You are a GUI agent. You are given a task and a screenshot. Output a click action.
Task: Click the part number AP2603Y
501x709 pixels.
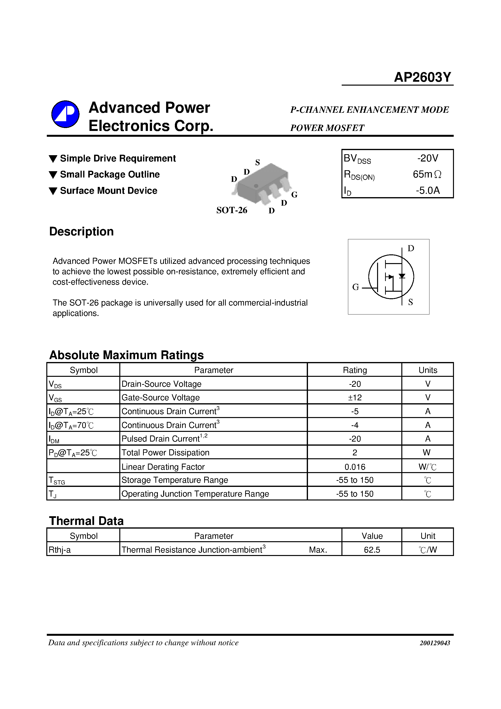(422, 77)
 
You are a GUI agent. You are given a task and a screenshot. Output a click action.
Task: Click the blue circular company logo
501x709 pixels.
(65, 114)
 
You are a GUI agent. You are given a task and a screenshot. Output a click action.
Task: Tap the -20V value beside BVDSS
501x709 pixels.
(428, 158)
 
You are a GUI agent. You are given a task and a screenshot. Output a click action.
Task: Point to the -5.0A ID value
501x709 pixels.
(428, 190)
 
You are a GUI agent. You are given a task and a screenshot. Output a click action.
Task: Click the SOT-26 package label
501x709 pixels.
(232, 210)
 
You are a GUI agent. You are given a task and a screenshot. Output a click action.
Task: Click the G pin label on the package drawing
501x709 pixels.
(294, 194)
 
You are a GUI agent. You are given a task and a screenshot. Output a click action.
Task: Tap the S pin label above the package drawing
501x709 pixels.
(257, 162)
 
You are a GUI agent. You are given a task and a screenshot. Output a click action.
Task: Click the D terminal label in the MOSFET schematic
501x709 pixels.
(411, 248)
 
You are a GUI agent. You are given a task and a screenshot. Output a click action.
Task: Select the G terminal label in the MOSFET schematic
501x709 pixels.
(356, 287)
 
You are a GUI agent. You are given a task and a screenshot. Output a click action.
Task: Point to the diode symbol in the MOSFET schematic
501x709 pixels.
(402, 276)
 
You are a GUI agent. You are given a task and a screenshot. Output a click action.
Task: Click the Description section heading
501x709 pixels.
(81, 232)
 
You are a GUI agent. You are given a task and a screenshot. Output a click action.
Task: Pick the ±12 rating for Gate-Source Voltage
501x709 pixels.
(355, 397)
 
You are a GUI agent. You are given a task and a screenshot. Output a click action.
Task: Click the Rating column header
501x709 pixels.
(355, 370)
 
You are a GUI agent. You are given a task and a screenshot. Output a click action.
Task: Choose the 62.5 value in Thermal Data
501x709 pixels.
(372, 550)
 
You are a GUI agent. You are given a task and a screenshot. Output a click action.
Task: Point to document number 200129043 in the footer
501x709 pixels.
(435, 643)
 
